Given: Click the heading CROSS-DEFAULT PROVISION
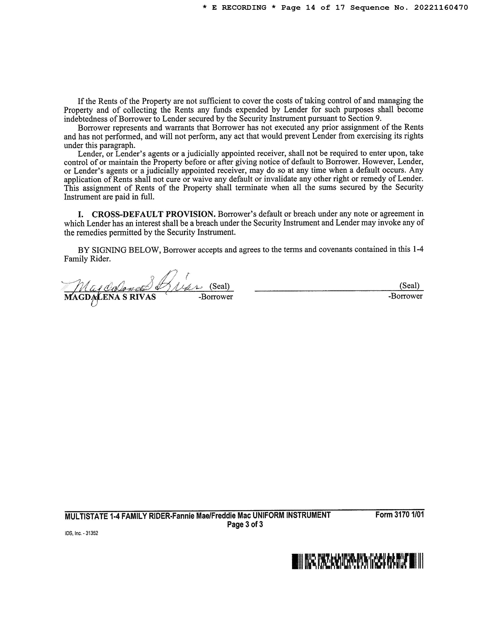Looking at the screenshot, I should click(154, 214).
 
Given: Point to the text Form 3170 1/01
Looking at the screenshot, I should click(399, 515).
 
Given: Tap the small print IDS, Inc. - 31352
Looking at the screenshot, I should click(82, 533).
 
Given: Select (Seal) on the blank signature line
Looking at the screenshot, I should click(409, 286).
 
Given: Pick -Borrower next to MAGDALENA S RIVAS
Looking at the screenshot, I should click(216, 297).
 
